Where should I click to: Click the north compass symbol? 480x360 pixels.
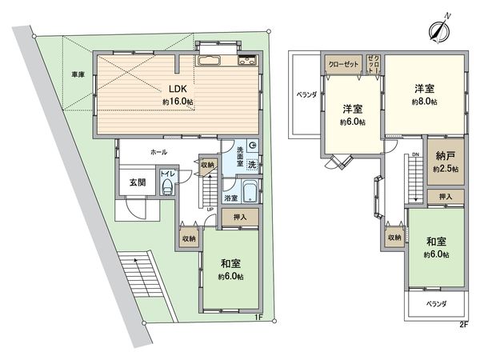tap(437, 30)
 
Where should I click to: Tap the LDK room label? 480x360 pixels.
tap(178, 90)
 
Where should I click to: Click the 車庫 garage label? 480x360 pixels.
tap(77, 75)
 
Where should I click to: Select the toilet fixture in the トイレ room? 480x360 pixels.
tap(166, 186)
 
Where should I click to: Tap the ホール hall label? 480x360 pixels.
tap(159, 150)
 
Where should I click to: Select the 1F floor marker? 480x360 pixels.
tap(258, 317)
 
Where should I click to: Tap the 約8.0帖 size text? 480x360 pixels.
tap(423, 103)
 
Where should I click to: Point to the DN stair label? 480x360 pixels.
tap(416, 155)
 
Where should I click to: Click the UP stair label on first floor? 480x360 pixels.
tap(210, 210)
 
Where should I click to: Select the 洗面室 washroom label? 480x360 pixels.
tap(239, 150)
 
